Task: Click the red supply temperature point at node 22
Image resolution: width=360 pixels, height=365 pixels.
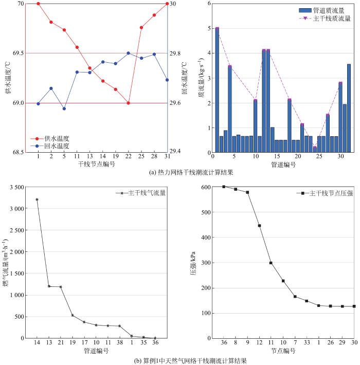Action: pos(128,103)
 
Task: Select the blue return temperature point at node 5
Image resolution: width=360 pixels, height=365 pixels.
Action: pos(64,108)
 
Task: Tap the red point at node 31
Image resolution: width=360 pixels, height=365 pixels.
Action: pos(167,4)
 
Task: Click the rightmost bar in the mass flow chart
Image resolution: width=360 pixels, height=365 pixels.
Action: pos(349,108)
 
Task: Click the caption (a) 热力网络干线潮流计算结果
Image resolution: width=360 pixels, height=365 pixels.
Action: pos(180,173)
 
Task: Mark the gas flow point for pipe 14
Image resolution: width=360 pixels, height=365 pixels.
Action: pos(37,199)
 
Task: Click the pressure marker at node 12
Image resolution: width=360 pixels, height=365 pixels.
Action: pos(259,226)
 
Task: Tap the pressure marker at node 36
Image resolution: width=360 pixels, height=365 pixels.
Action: pos(224,187)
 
